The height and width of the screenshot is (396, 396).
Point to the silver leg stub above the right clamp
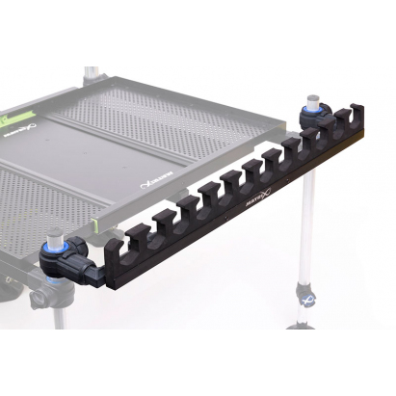(313, 97)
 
